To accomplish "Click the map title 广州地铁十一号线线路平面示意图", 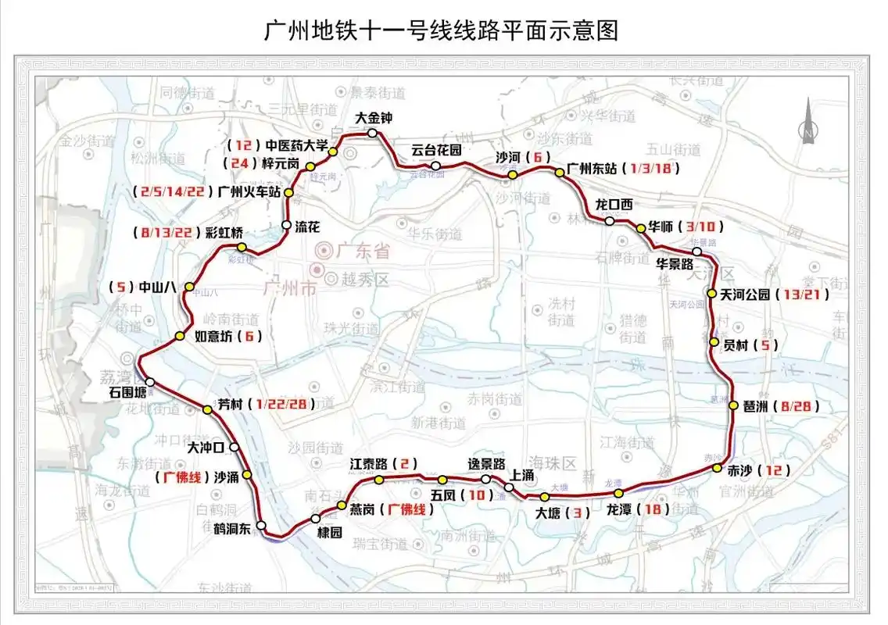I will coord(442,30).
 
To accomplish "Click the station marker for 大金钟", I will coord(373,134).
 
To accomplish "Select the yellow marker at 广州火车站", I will coord(288,192).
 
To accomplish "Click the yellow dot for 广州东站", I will coord(560,172).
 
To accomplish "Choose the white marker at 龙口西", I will coord(609,221).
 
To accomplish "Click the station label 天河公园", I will coord(746,295).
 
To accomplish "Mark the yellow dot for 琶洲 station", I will coord(733,405).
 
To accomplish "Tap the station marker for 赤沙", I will coord(717,468).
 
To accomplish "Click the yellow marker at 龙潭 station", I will coord(618,493).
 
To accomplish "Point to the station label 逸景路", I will coord(486,463).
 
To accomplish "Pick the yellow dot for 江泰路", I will coord(378,479).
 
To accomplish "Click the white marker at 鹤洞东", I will coord(261,525).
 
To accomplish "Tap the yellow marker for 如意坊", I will coord(179,337).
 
